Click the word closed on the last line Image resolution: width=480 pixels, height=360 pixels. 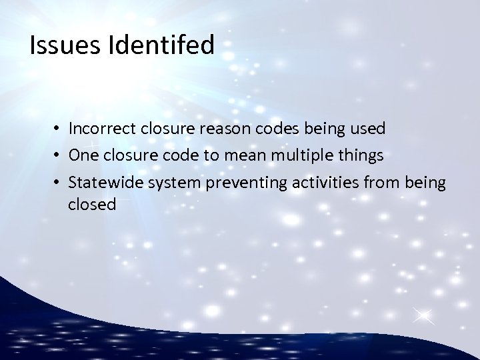click(x=92, y=205)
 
